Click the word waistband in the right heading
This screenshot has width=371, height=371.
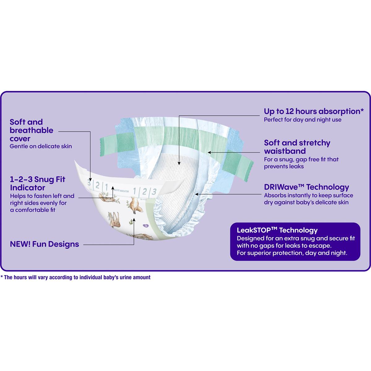285,151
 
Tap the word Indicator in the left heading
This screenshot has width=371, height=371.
28,188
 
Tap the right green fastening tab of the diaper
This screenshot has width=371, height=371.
238,165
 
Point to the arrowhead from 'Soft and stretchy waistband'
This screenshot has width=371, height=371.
210,152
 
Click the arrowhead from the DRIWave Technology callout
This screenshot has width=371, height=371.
197,194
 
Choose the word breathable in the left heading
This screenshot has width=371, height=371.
32,130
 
